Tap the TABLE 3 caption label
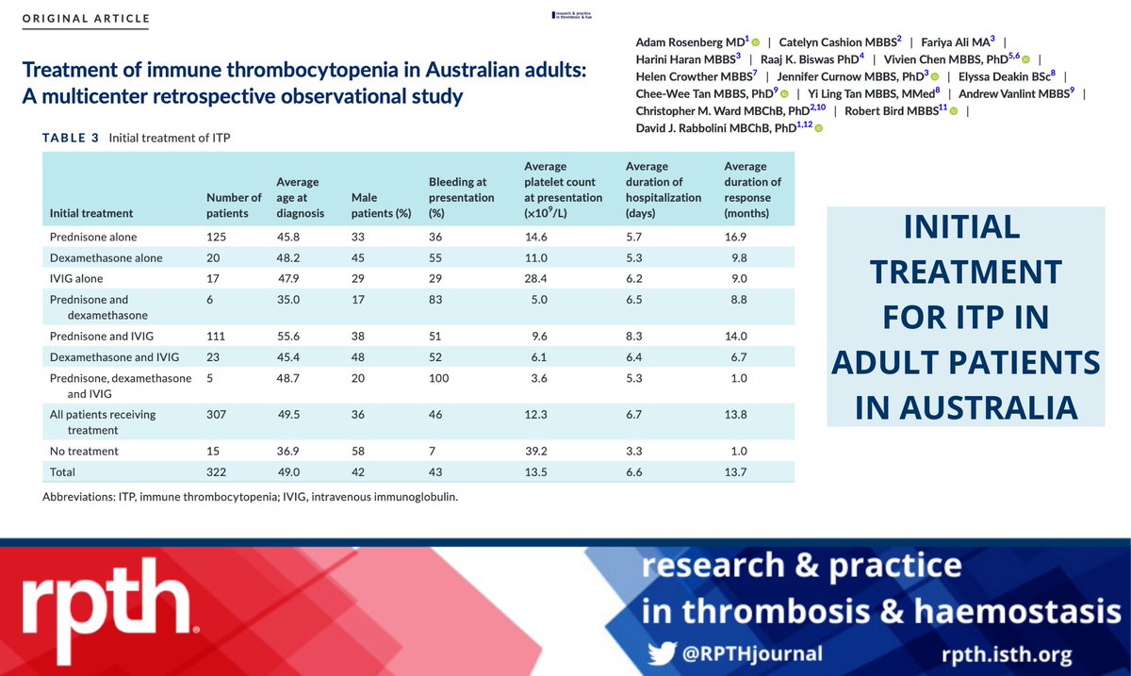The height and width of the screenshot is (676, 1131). [x=70, y=138]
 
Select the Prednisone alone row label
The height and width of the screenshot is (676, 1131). [x=92, y=238]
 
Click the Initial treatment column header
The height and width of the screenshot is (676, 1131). [x=90, y=213]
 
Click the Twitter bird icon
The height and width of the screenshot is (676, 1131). [x=664, y=652]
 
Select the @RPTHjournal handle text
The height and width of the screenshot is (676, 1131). [x=753, y=652]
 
